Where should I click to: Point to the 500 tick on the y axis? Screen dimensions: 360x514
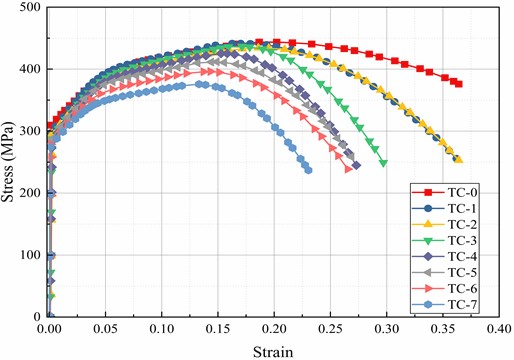[31, 8]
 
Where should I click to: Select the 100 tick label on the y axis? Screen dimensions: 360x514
[31, 255]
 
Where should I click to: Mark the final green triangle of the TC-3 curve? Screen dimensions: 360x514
[383, 163]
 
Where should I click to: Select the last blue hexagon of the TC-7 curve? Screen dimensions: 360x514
[308, 170]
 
